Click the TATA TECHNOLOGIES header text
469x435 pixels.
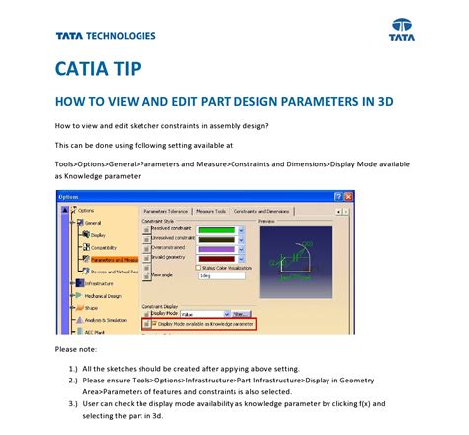coord(106,36)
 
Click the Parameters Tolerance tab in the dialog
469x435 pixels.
coord(166,211)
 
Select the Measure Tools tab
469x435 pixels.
coord(211,211)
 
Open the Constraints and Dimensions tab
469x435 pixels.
coord(262,211)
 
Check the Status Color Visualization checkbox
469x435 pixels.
coord(196,268)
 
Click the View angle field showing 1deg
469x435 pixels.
coord(220,276)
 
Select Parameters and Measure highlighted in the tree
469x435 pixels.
coord(107,259)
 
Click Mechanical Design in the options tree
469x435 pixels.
coord(102,295)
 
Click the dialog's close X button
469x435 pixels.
coord(347,196)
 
